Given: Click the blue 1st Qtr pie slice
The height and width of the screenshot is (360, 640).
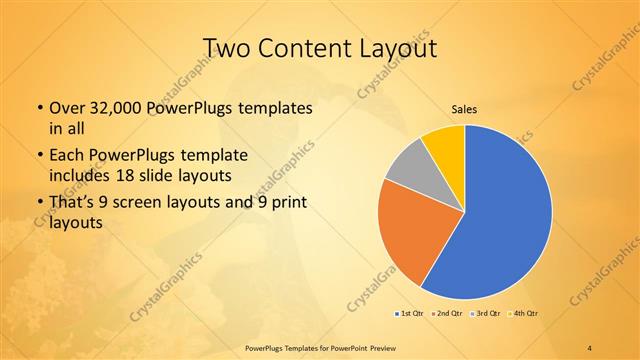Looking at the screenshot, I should [x=505, y=215].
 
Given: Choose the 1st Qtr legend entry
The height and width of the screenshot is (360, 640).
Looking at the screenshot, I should [x=410, y=314].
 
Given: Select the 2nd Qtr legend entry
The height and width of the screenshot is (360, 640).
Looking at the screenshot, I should [x=446, y=314].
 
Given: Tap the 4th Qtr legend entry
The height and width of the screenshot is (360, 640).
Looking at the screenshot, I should [x=521, y=314].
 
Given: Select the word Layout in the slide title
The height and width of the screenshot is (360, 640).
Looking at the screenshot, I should [x=394, y=49].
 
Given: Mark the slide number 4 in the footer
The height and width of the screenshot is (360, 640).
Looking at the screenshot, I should [x=590, y=346].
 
